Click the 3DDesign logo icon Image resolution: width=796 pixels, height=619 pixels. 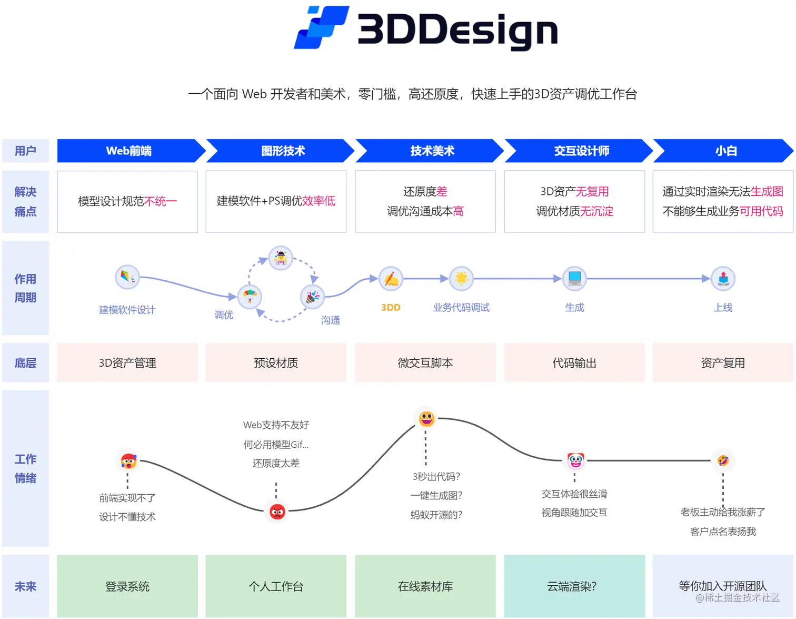click(x=321, y=27)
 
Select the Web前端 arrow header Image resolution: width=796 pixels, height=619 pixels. click(x=129, y=151)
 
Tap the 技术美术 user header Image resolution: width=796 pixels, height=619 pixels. click(x=432, y=151)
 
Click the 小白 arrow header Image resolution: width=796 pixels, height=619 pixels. click(x=725, y=151)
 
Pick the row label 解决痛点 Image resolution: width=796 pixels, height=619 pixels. click(x=25, y=202)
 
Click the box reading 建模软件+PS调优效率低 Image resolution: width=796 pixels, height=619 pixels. click(x=276, y=201)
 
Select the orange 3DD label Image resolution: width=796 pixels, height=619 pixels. click(x=391, y=308)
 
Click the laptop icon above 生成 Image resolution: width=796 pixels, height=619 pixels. click(x=574, y=278)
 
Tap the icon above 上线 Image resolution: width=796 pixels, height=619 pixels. click(x=723, y=278)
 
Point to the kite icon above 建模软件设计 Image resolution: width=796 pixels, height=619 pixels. click(x=127, y=277)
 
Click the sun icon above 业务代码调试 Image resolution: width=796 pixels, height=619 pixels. click(x=461, y=278)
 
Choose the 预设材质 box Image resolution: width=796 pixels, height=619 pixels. click(x=276, y=363)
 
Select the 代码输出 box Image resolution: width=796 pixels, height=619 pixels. click(x=574, y=363)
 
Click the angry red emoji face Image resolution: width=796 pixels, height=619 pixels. click(x=277, y=511)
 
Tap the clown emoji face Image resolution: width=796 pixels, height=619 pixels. click(x=575, y=461)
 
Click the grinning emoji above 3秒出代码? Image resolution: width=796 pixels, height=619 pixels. click(x=426, y=419)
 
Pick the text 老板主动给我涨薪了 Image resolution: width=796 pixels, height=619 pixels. click(x=723, y=512)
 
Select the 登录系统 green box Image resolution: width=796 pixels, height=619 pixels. click(x=127, y=586)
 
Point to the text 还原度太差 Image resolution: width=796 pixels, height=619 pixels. click(x=276, y=464)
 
